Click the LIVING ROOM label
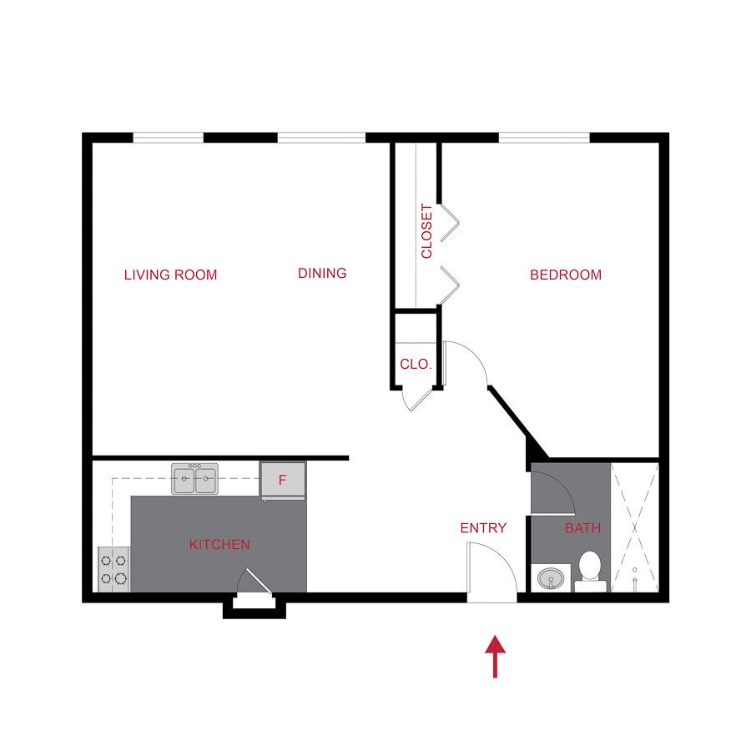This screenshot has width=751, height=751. pyautogui.click(x=170, y=275)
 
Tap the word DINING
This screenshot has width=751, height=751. pyautogui.click(x=322, y=273)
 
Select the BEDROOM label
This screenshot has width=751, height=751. pyautogui.click(x=565, y=275)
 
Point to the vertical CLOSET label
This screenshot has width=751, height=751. pyautogui.click(x=426, y=231)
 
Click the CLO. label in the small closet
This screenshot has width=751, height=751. pyautogui.click(x=416, y=365)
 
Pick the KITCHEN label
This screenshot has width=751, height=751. pyautogui.click(x=219, y=545)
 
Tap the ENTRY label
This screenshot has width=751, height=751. pyautogui.click(x=483, y=527)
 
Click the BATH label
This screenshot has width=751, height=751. pyautogui.click(x=582, y=527)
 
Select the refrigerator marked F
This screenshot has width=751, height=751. pyautogui.click(x=283, y=480)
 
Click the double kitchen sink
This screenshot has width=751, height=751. pyautogui.click(x=194, y=480)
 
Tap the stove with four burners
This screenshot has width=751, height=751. pyautogui.click(x=114, y=569)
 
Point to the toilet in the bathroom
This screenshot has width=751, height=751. pyautogui.click(x=590, y=570)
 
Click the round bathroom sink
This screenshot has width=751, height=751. pyautogui.click(x=550, y=577)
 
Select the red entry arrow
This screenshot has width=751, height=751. pyautogui.click(x=496, y=656)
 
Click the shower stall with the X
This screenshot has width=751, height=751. pyautogui.click(x=635, y=527)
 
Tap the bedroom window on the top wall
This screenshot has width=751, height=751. pyautogui.click(x=544, y=138)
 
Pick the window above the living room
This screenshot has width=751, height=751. pyautogui.click(x=169, y=138)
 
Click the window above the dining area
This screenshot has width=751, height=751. pyautogui.click(x=321, y=138)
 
